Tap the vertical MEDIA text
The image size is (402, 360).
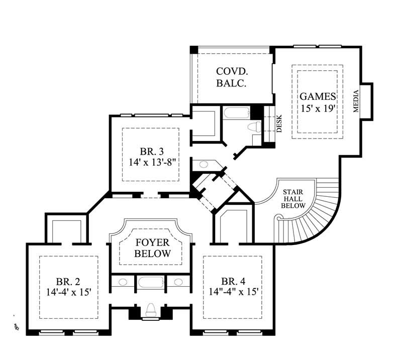pos(356,101)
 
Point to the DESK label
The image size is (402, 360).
pos(278,124)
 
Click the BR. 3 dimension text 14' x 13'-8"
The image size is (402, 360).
pos(151,162)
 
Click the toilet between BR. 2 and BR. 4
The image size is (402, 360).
pos(150,311)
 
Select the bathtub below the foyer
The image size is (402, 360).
pos(150,284)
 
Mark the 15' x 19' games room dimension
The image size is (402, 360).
pos(318,107)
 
